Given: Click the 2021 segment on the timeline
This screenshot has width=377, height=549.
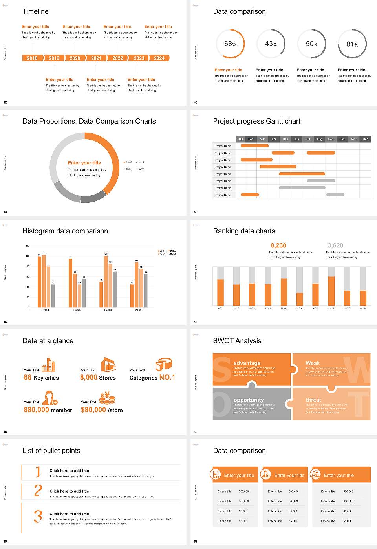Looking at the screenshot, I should [96, 58].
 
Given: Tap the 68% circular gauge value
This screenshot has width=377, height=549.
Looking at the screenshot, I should [230, 44].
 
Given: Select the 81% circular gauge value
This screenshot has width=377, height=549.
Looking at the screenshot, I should [352, 44].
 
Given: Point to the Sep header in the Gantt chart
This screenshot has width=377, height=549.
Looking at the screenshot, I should [331, 139].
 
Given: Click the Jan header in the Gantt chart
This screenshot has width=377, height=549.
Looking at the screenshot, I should [240, 139].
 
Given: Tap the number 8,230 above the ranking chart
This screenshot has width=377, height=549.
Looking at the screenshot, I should [278, 245].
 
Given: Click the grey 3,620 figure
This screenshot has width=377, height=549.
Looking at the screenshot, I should [335, 245].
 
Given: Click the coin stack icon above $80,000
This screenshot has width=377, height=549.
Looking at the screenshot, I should [107, 398].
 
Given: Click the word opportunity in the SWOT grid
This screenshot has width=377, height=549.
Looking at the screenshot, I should [249, 400].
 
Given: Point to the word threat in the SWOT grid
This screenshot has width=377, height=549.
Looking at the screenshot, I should [313, 400].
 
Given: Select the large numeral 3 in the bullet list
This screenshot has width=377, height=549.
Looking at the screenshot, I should [38, 516].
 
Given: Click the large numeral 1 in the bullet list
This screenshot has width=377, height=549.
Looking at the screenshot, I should [38, 471].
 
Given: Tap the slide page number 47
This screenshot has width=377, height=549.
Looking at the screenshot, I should [196, 322].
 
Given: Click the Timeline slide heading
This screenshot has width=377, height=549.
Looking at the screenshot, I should [36, 11].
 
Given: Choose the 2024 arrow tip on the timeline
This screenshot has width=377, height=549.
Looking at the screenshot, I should [160, 58].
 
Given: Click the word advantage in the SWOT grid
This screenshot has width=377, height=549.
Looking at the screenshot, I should [247, 363].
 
